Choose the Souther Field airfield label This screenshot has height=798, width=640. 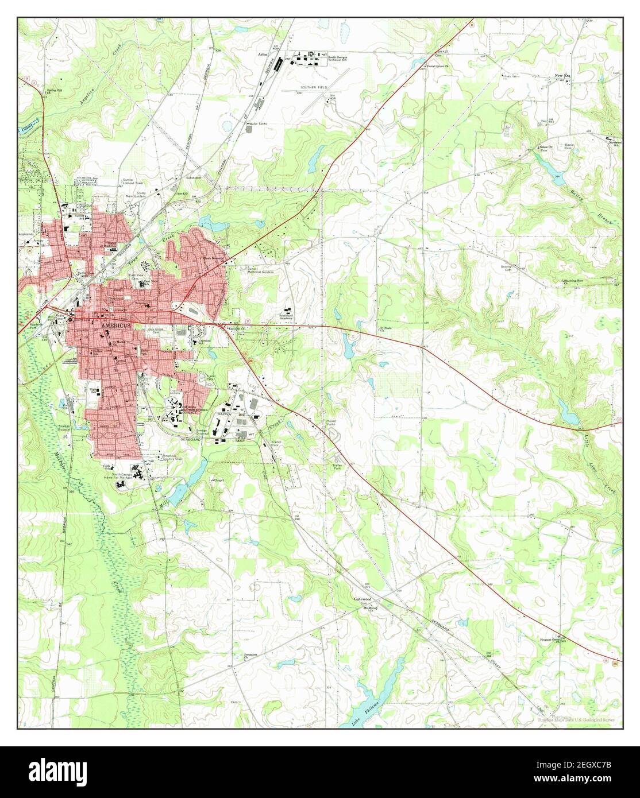coord(314,87)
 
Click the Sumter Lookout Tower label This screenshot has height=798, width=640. coord(132,183)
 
